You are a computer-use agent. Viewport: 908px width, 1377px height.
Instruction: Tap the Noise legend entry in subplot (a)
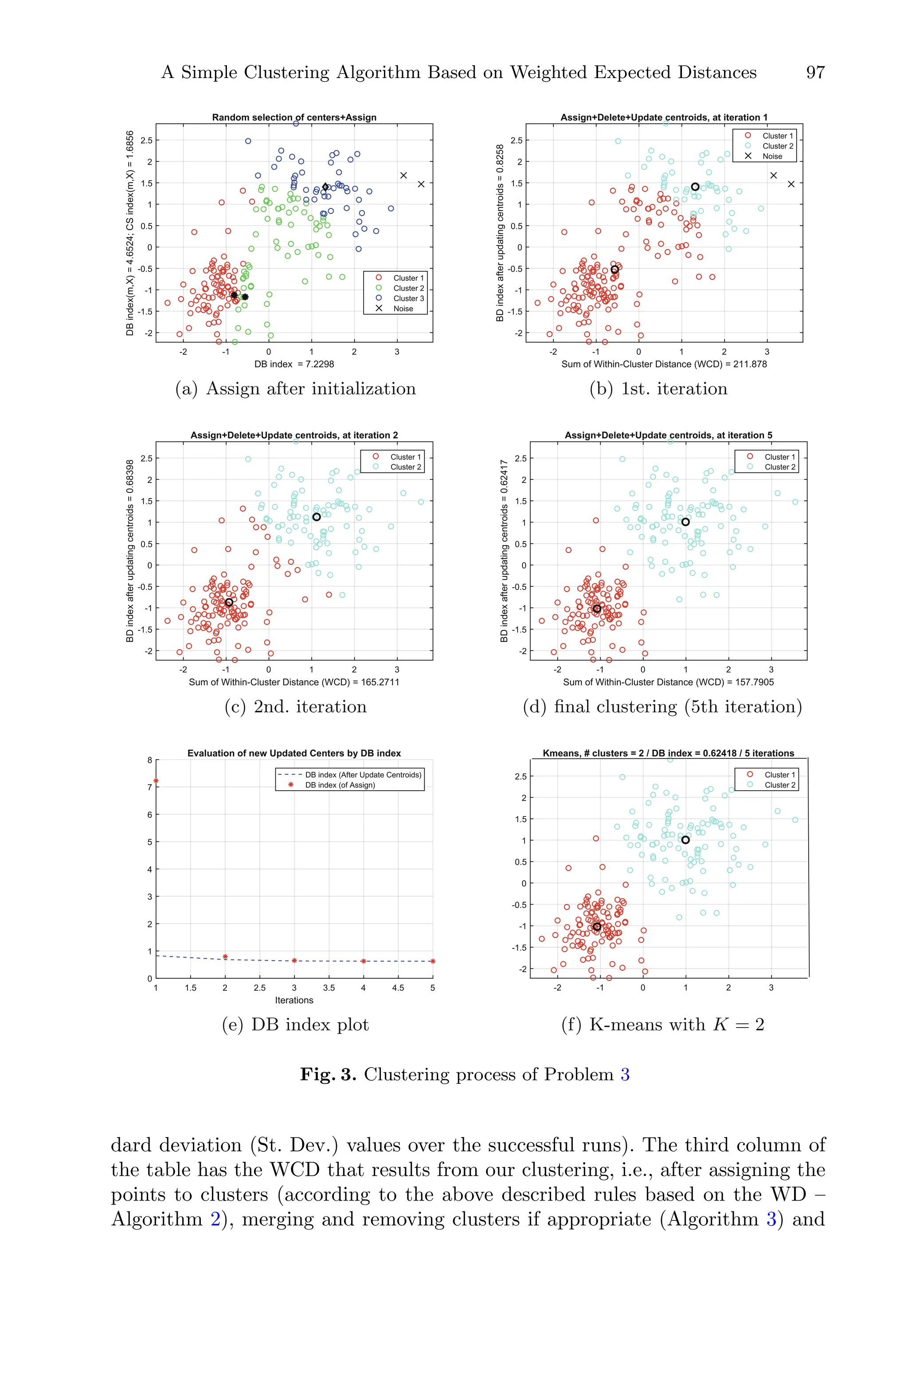pyautogui.click(x=403, y=309)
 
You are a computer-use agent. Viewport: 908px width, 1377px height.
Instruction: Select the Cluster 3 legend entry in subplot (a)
pyautogui.click(x=408, y=298)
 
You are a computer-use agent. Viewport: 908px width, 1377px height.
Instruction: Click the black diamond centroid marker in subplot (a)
pyautogui.click(x=325, y=186)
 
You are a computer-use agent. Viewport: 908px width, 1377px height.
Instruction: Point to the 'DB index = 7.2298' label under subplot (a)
pyautogui.click(x=294, y=364)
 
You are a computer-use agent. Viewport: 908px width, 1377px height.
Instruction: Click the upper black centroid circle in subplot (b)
pyautogui.click(x=695, y=186)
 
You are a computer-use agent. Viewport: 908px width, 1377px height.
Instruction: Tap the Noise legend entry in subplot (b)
pyautogui.click(x=772, y=157)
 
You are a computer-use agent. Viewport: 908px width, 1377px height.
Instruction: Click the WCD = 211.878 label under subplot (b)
pyautogui.click(x=664, y=364)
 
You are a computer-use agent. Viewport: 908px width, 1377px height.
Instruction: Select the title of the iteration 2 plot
pyautogui.click(x=294, y=435)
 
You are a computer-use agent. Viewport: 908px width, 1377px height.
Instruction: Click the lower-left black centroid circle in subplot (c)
pyautogui.click(x=229, y=602)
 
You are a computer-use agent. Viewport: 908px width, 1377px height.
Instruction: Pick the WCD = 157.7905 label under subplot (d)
pyautogui.click(x=668, y=682)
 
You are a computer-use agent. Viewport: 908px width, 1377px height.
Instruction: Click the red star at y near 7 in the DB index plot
pyautogui.click(x=156, y=781)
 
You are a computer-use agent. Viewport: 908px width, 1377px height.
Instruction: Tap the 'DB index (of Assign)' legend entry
pyautogui.click(x=340, y=785)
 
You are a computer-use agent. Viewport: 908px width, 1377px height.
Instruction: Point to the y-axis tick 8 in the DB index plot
pyautogui.click(x=149, y=760)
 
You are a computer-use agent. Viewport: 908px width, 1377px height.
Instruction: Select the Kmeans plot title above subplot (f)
pyautogui.click(x=668, y=753)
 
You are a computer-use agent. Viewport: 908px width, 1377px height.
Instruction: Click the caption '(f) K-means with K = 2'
pyautogui.click(x=662, y=1025)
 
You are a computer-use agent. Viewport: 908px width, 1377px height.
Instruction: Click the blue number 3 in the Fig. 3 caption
pyautogui.click(x=625, y=1075)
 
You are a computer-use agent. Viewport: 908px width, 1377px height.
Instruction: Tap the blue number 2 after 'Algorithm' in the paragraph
pyautogui.click(x=215, y=1219)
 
